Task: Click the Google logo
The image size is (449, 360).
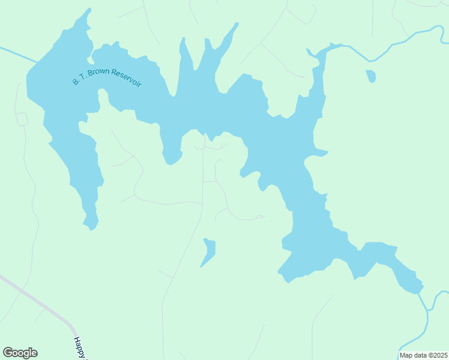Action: pos(20,353)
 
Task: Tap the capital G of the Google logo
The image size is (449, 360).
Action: pos(8,353)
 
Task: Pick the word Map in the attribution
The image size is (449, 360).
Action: pos(406,355)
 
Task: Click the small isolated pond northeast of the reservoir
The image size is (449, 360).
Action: pos(371,76)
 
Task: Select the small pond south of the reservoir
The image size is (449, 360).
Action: pos(209,251)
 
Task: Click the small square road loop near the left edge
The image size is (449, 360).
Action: pos(22,118)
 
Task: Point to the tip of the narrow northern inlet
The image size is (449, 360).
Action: pos(236,25)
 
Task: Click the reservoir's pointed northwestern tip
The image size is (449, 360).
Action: pos(89,10)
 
